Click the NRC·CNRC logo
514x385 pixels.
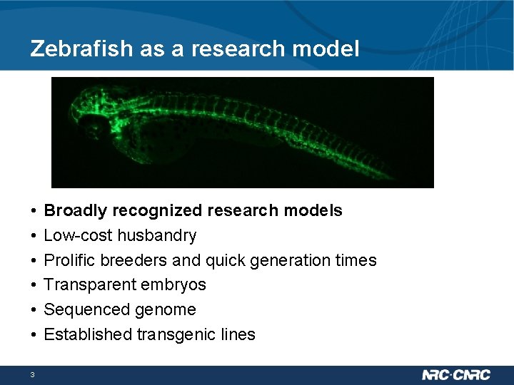pyautogui.click(x=456, y=375)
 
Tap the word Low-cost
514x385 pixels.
pyautogui.click(x=79, y=235)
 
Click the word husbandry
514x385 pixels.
pyautogui.click(x=157, y=235)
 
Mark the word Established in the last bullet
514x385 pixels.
pyautogui.click(x=84, y=334)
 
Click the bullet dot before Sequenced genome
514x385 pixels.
pyautogui.click(x=34, y=310)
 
